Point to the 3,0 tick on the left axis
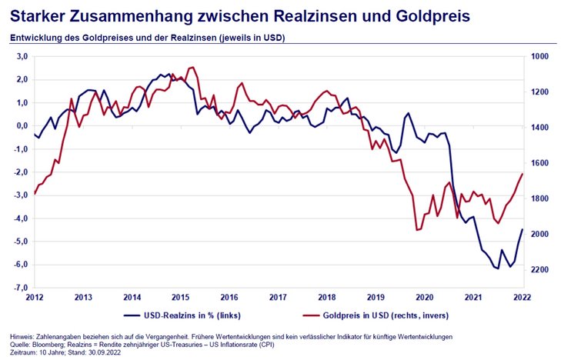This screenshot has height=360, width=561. coord(22,57)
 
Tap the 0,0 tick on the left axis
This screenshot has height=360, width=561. coord(22,126)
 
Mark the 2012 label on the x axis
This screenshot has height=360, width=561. coord(35,296)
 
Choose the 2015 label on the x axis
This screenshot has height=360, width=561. coord(181,296)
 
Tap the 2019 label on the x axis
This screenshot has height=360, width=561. coord(376,296)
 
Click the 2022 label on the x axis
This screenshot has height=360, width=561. coord(522,296)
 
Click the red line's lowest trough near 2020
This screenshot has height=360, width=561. coord(417,229)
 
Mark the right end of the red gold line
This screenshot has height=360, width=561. coord(522,174)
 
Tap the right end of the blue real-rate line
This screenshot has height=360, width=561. coord(522,229)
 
